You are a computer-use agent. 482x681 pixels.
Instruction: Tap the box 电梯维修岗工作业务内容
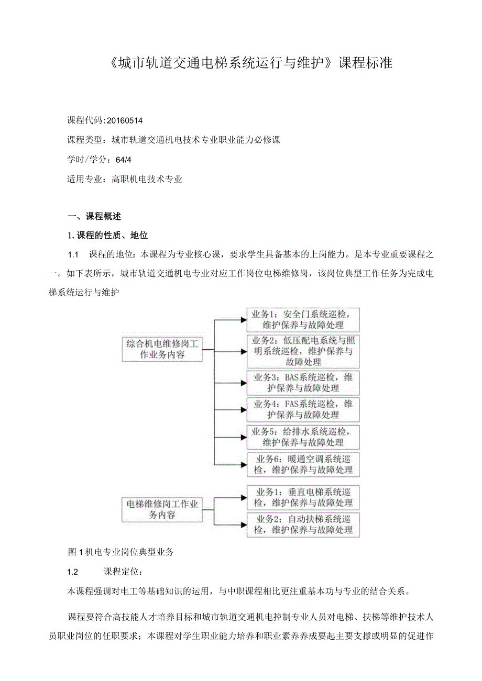pyautogui.click(x=162, y=509)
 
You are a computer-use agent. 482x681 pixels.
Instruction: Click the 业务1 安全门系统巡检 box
pyautogui.click(x=303, y=319)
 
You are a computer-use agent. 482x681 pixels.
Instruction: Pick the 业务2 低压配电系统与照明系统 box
pyautogui.click(x=303, y=351)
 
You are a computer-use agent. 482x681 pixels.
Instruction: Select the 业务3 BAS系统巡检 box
pyautogui.click(x=303, y=383)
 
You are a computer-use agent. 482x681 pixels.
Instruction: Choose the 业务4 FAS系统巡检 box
pyautogui.click(x=303, y=409)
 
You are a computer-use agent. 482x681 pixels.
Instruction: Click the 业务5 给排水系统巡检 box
pyautogui.click(x=303, y=437)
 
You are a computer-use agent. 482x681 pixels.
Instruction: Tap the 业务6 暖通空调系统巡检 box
pyautogui.click(x=303, y=464)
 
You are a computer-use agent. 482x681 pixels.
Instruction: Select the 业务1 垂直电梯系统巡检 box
pyautogui.click(x=303, y=497)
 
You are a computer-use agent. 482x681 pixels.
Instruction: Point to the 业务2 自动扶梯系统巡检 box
pyautogui.click(x=303, y=524)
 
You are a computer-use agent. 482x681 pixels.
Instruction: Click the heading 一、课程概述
pyautogui.click(x=95, y=216)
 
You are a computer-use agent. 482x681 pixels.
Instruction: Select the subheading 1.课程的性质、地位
pyautogui.click(x=108, y=236)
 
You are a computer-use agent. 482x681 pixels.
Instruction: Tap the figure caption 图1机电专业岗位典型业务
pyautogui.click(x=121, y=551)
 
